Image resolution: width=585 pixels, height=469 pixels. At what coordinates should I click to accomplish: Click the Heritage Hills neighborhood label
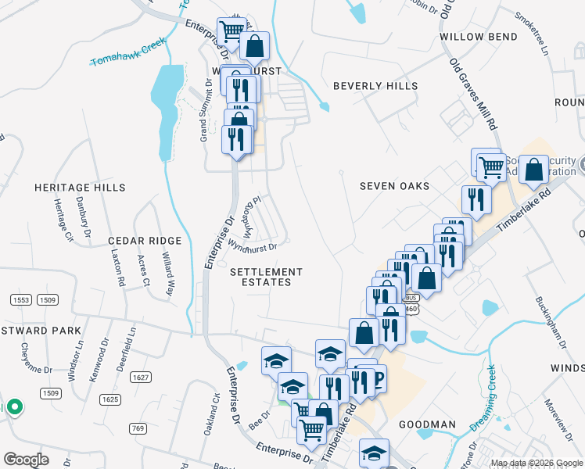80,188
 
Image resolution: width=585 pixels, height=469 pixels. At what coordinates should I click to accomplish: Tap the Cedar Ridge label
145,241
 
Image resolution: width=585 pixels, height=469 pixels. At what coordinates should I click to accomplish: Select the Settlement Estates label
266,277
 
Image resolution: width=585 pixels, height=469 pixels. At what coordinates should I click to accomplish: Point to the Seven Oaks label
395,186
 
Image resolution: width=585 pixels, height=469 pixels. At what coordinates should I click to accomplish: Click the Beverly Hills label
375,86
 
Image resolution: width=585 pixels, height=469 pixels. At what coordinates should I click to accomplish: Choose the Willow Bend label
479,37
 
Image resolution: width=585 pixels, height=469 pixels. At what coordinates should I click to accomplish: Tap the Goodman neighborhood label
427,424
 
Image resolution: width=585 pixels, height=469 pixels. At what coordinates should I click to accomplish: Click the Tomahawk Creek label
129,51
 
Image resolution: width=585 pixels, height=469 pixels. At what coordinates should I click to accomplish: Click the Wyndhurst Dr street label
253,247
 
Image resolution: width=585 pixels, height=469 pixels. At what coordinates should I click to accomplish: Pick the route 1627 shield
141,378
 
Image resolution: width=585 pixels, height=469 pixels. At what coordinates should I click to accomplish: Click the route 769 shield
138,428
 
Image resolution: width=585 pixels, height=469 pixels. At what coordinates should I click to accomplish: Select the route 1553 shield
20,299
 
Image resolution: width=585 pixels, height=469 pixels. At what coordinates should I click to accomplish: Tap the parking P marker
379,378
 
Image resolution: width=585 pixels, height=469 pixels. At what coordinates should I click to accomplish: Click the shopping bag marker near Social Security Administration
533,170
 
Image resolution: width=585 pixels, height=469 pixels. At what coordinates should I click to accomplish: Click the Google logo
26,460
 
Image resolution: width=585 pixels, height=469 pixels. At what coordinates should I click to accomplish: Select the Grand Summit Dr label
203,124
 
